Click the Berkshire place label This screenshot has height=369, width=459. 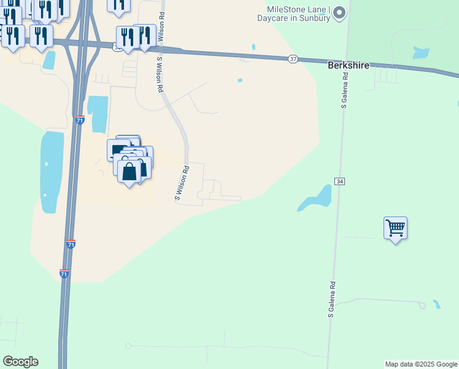point(349,65)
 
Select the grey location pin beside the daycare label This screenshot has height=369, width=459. point(342,13)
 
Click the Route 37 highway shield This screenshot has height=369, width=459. point(293,58)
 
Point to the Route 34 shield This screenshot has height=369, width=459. point(339,181)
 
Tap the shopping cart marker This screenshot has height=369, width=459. point(396,229)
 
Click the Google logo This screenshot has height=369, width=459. point(20,362)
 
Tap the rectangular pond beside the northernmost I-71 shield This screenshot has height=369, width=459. point(98,114)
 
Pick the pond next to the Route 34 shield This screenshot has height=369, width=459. point(317,199)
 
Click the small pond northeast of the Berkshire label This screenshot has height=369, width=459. point(421,52)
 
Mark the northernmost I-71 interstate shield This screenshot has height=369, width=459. point(80,120)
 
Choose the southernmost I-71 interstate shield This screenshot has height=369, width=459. point(64,272)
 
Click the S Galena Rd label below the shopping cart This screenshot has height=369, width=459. point(331,300)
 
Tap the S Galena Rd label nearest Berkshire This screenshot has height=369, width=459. point(345,90)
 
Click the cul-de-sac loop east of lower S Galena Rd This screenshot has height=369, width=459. point(422,305)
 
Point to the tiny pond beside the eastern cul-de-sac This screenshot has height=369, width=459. point(436,304)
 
